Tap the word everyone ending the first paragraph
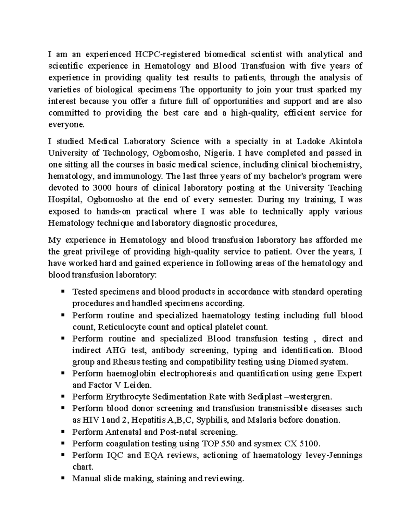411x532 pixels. pos(66,125)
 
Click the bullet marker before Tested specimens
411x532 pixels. pos(63,292)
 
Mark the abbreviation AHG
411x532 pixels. pos(116,350)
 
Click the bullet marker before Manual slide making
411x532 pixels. pos(63,478)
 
